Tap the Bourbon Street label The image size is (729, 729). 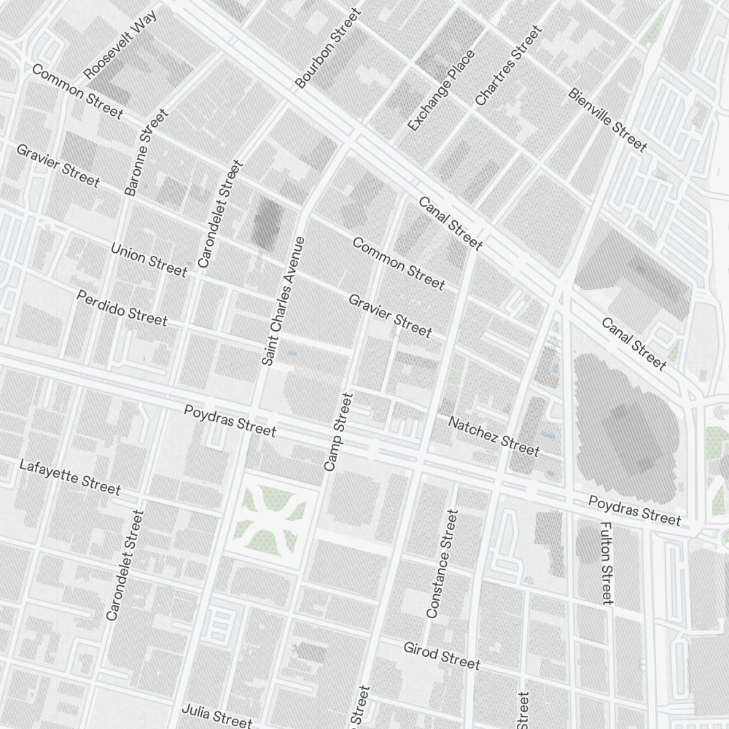[x=328, y=48]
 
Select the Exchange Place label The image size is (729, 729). [x=441, y=90]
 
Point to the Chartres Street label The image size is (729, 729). [x=508, y=66]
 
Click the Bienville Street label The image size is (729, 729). [x=607, y=120]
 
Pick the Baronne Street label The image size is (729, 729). [x=146, y=152]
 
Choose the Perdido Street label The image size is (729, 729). [x=122, y=308]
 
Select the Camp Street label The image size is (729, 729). [x=338, y=432]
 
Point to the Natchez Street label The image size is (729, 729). [x=494, y=435]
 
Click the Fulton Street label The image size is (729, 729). [x=606, y=562]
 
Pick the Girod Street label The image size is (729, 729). [x=442, y=655]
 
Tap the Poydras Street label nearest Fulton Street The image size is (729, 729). [x=634, y=510]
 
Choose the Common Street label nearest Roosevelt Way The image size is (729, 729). [x=77, y=92]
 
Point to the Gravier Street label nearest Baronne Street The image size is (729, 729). [x=58, y=165]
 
